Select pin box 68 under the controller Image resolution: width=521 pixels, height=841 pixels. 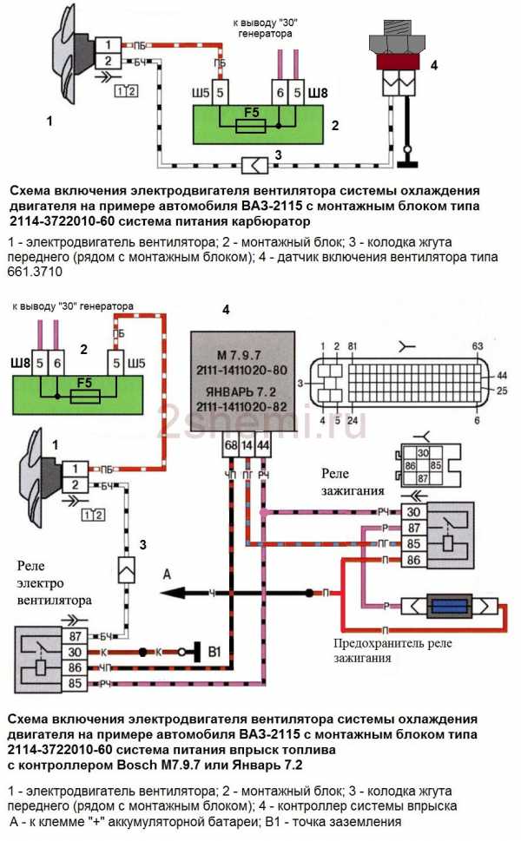[x=230, y=445]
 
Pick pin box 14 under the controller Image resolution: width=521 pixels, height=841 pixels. [x=247, y=445]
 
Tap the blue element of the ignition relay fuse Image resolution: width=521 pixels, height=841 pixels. [x=449, y=605]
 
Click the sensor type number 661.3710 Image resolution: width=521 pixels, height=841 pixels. [x=34, y=273]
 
